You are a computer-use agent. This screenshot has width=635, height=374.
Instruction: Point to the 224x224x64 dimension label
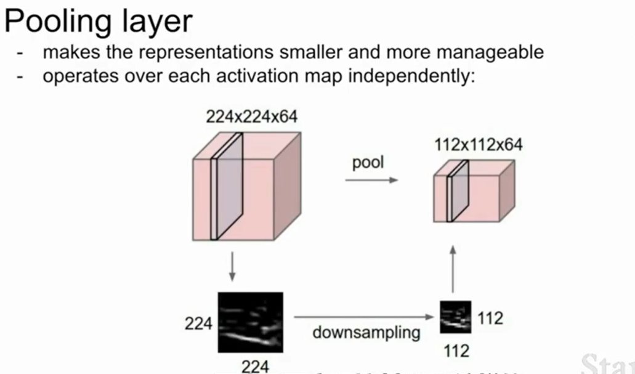[x=251, y=116]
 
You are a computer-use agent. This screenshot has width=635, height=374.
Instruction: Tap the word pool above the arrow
[x=368, y=163]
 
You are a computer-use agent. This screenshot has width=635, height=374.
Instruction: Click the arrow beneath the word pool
[x=371, y=180]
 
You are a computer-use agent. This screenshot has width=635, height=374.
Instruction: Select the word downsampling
[x=366, y=333]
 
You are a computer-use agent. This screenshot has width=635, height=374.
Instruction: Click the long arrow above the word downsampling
[x=363, y=317]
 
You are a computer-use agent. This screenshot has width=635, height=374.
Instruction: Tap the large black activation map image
[x=251, y=322]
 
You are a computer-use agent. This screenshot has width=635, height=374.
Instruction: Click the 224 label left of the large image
[x=198, y=323]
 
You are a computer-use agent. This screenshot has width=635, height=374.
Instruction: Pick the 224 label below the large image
[x=254, y=367]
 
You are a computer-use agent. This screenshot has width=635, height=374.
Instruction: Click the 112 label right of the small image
[x=490, y=318]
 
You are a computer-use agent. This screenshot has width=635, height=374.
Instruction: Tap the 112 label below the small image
[x=456, y=351]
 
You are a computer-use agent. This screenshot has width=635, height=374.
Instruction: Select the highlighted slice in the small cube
[x=457, y=190]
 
